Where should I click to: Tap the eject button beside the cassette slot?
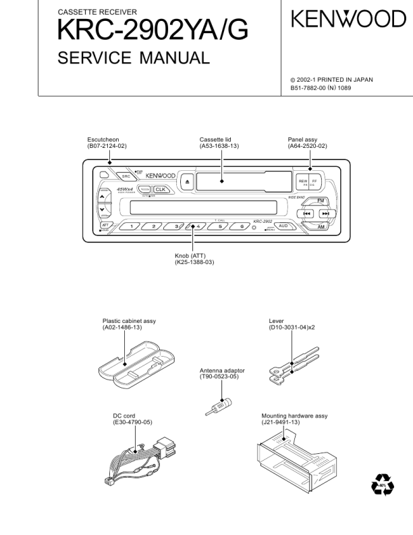click(x=188, y=182)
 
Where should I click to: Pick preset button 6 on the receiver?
click(x=240, y=226)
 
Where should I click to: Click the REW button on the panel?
click(x=304, y=182)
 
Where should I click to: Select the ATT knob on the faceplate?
click(x=105, y=225)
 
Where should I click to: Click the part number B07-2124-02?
click(x=107, y=146)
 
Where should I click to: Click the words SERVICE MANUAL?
click(x=133, y=59)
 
